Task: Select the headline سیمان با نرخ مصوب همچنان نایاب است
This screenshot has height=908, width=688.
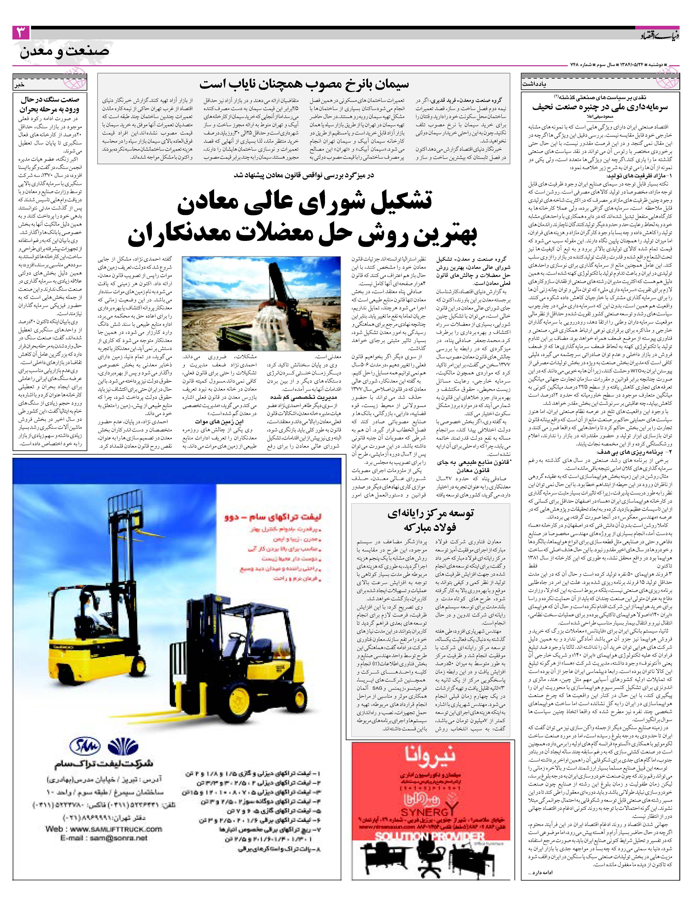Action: tap(304, 84)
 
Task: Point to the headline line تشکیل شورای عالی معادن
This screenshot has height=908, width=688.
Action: tap(304, 204)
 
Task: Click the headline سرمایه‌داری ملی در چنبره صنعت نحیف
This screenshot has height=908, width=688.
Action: tap(599, 108)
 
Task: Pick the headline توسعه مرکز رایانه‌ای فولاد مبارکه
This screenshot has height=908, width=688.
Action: tap(430, 520)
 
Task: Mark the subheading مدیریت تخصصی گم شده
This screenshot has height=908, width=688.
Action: tap(304, 397)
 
